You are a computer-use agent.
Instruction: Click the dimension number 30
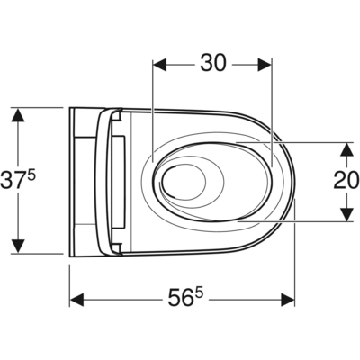(212, 63)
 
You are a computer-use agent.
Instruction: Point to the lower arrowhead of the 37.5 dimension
(17, 247)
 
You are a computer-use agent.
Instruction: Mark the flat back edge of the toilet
(71, 180)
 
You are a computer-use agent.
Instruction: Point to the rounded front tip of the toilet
(293, 180)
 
